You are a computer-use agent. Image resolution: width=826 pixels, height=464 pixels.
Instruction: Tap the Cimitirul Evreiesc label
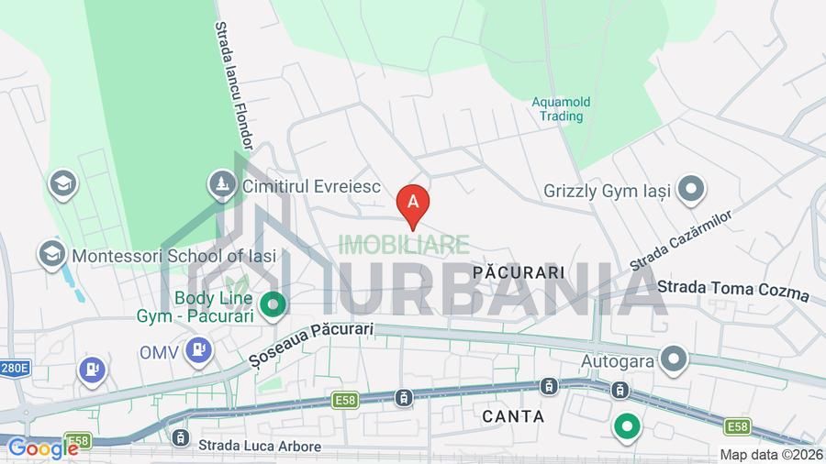[x=311, y=186]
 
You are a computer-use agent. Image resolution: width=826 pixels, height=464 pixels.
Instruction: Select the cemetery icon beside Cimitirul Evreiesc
[x=222, y=184]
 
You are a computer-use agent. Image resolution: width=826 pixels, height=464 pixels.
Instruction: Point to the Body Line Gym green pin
[x=272, y=304]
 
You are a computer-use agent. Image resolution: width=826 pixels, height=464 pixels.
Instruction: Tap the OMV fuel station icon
[x=198, y=349]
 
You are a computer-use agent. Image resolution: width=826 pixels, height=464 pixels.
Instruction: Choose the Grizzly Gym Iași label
[x=607, y=192]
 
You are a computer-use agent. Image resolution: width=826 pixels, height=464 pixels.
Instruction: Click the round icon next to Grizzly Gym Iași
[x=690, y=191]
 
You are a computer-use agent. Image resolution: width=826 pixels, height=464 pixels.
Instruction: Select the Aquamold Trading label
[x=561, y=109]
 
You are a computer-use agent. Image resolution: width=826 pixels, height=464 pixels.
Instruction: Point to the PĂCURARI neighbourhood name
[x=519, y=272]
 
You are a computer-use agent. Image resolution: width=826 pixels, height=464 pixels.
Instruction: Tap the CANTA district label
[x=513, y=416]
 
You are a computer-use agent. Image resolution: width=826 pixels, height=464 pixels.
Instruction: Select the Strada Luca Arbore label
[x=260, y=447]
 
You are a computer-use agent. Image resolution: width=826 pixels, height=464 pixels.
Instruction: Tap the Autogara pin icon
[x=675, y=359]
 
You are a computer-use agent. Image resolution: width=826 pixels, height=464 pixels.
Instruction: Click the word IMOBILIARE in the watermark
[x=404, y=245]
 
